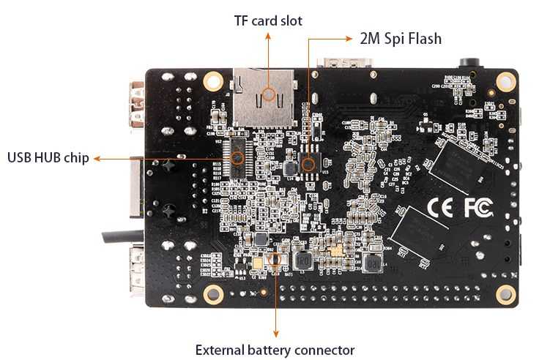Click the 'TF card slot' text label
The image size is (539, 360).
click(267, 20)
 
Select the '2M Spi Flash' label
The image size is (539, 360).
click(401, 39)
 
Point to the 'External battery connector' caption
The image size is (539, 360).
click(275, 350)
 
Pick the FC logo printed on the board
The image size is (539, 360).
click(473, 207)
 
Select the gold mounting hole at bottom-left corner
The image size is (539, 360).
click(213, 294)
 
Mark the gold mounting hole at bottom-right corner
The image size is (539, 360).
click(505, 294)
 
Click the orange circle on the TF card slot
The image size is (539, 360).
click(269, 93)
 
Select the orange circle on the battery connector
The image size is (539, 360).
click(275, 259)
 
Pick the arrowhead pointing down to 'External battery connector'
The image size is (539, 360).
click(275, 333)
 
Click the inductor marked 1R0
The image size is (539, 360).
click(302, 260)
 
